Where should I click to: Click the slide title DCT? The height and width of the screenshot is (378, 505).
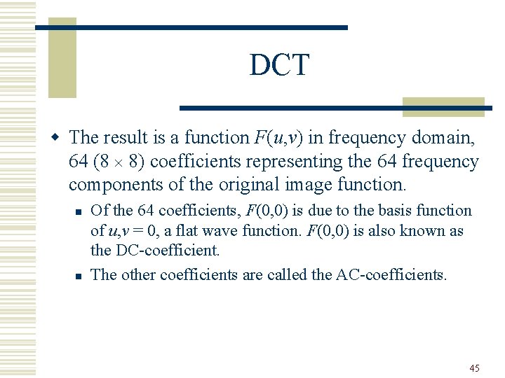[x=279, y=66]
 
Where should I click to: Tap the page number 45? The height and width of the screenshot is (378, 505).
[x=474, y=367]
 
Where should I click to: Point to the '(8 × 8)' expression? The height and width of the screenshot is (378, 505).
[x=119, y=161]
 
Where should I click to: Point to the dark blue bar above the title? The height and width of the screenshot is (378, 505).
[x=191, y=27]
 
